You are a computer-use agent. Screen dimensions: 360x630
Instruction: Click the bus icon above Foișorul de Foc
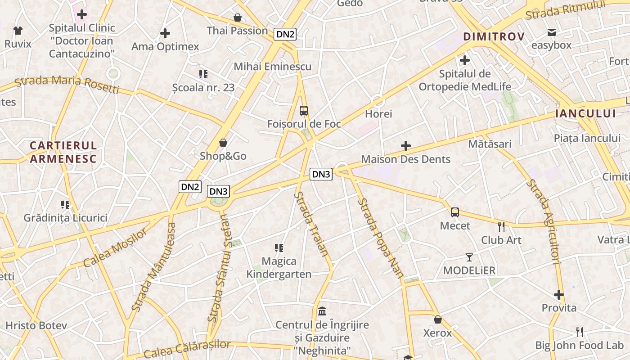[304, 111]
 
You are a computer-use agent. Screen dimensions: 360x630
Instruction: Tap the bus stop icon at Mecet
[455, 212]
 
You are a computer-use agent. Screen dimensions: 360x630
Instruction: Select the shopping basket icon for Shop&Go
[223, 143]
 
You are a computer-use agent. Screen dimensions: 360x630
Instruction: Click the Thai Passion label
[237, 31]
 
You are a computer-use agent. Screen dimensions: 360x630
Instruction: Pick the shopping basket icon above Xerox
[438, 319]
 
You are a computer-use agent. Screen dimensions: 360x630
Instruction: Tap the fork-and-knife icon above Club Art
[501, 226]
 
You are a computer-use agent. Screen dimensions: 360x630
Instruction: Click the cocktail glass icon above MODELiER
[469, 257]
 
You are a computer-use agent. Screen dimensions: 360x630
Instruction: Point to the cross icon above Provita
[559, 295]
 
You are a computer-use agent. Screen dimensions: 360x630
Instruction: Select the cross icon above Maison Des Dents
[406, 146]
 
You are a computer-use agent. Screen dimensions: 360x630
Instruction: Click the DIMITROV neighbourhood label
[494, 36]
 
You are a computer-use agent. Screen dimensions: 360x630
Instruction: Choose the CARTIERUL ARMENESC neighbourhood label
[63, 152]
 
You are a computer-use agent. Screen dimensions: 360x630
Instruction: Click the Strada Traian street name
[312, 224]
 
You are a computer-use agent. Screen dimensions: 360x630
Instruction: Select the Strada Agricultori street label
[544, 221]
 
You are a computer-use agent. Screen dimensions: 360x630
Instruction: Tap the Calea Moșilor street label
[116, 247]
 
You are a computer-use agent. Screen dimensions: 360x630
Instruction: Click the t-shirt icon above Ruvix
[18, 31]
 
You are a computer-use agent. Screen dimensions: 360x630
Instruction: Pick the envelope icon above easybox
[551, 32]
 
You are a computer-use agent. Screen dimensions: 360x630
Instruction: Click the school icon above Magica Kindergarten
[279, 248]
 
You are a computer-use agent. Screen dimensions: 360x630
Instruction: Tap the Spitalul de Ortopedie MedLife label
[465, 80]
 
